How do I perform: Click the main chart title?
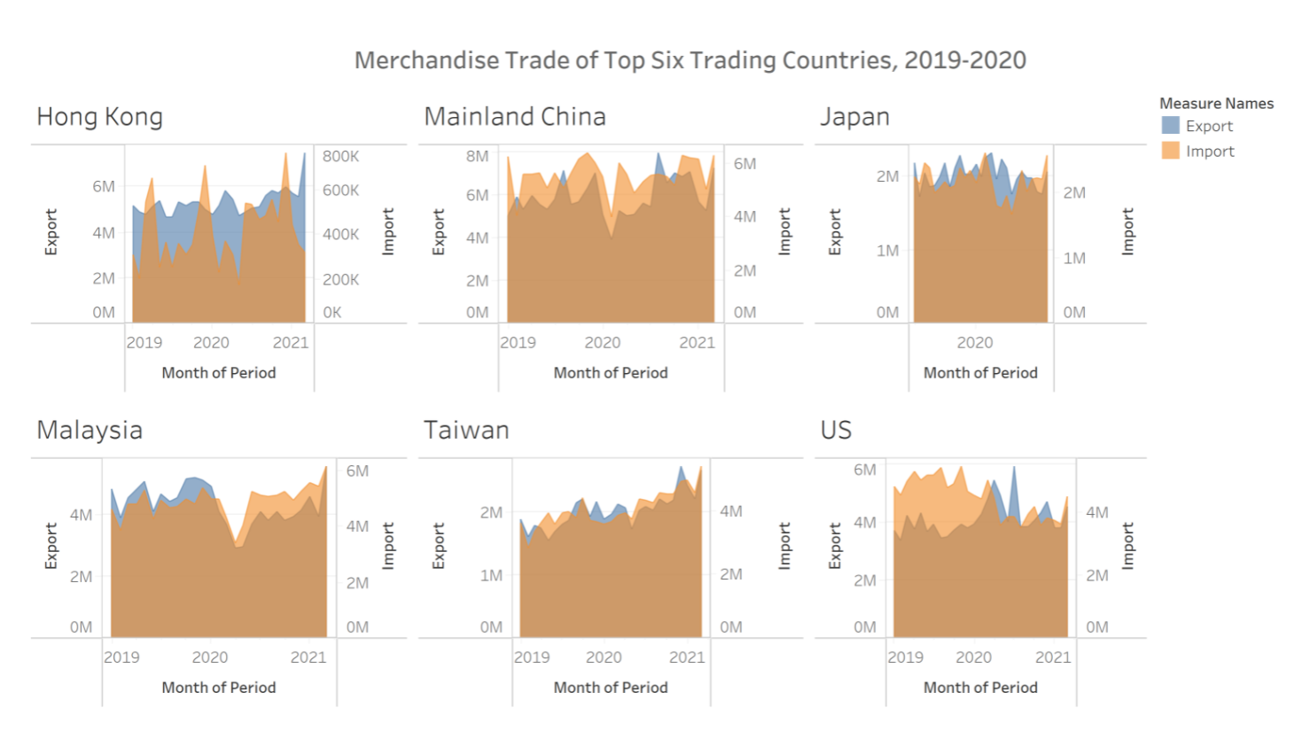pyautogui.click(x=690, y=60)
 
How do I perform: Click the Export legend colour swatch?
pyautogui.click(x=1171, y=126)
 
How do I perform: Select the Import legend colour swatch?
pyautogui.click(x=1171, y=151)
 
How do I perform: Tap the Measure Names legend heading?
pyautogui.click(x=1216, y=104)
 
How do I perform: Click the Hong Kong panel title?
pyautogui.click(x=99, y=117)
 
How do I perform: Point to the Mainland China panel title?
pyautogui.click(x=515, y=117)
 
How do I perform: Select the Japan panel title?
pyautogui.click(x=854, y=117)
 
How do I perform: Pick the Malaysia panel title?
pyautogui.click(x=90, y=431)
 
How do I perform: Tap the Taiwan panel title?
pyautogui.click(x=466, y=431)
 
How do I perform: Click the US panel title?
pyautogui.click(x=836, y=431)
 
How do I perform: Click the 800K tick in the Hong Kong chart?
pyautogui.click(x=340, y=157)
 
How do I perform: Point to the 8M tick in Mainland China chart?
pyautogui.click(x=477, y=157)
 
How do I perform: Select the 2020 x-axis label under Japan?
pyautogui.click(x=975, y=343)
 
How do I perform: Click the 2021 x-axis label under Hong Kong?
pyautogui.click(x=291, y=343)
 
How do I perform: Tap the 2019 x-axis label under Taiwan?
pyautogui.click(x=532, y=657)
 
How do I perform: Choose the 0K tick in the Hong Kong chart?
pyautogui.click(x=332, y=313)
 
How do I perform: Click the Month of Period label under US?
pyautogui.click(x=980, y=688)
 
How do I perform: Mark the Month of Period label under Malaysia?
pyautogui.click(x=219, y=688)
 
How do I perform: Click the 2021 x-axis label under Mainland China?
pyautogui.click(x=697, y=343)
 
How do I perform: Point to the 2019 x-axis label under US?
pyautogui.click(x=905, y=657)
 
